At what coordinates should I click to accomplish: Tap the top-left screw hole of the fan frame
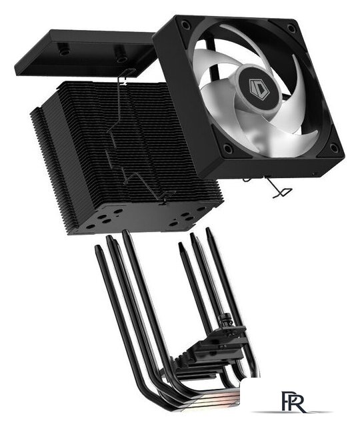pyautogui.click(x=186, y=25)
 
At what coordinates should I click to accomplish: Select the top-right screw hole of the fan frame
pyautogui.click(x=291, y=29)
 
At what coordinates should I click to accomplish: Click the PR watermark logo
pyautogui.click(x=289, y=402)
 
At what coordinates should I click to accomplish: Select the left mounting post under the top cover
pyautogui.click(x=64, y=51)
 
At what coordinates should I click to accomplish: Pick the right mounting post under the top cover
pyautogui.click(x=121, y=58)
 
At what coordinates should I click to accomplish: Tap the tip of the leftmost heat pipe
pyautogui.click(x=98, y=248)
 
